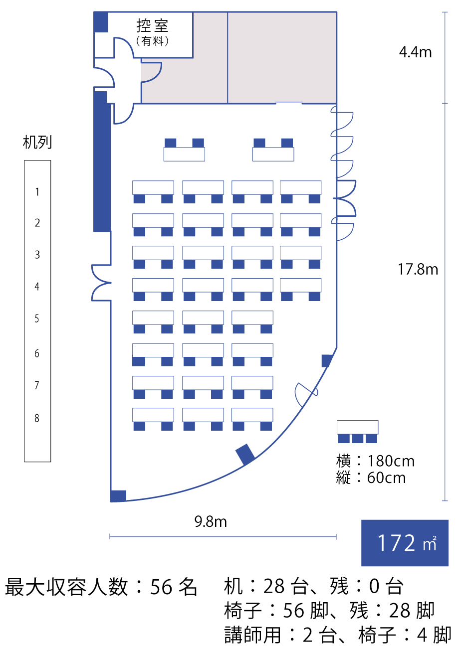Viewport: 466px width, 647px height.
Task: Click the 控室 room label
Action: [x=152, y=26]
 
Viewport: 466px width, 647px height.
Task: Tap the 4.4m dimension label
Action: [x=415, y=52]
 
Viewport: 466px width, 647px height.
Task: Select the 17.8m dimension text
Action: [x=418, y=270]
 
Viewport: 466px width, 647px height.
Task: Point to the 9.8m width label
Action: [x=211, y=522]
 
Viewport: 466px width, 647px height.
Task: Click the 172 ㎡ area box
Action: [x=405, y=543]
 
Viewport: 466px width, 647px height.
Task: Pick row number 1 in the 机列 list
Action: [x=37, y=192]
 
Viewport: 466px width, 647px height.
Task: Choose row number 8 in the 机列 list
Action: [x=37, y=418]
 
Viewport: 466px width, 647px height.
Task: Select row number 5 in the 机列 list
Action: [x=37, y=319]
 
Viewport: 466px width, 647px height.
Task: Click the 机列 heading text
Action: [x=37, y=143]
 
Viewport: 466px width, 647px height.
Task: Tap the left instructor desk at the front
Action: [x=184, y=154]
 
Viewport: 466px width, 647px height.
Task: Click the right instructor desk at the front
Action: [x=273, y=154]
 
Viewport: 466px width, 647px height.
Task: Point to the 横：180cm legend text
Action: [x=375, y=461]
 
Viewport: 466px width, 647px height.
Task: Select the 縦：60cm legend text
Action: [x=371, y=478]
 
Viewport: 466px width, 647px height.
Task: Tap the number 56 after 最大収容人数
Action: [x=162, y=587]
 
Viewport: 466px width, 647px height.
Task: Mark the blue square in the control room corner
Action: [x=101, y=22]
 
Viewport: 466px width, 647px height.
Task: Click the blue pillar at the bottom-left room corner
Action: [x=118, y=496]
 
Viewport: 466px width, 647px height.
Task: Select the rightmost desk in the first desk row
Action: [x=300, y=187]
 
